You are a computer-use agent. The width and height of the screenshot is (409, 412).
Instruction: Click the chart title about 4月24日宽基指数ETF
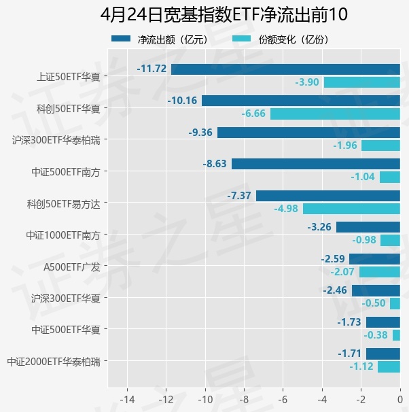(224, 15)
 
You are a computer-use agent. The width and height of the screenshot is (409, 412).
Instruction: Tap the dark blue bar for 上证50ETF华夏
(285, 69)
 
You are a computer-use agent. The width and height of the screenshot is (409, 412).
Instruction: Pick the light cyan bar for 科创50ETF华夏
(335, 114)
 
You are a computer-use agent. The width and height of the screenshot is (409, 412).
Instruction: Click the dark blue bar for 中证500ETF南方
(315, 164)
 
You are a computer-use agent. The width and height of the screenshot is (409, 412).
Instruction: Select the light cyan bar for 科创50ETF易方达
(351, 209)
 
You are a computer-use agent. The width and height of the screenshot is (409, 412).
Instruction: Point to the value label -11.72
(152, 69)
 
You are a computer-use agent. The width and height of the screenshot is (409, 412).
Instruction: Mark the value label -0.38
(376, 335)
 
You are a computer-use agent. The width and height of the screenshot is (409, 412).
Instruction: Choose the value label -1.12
(361, 367)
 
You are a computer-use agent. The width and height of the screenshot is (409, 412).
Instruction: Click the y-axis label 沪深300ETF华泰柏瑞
(56, 140)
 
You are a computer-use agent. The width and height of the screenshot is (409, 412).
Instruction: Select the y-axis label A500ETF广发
(71, 267)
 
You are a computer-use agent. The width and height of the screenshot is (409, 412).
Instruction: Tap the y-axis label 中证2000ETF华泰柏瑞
(53, 361)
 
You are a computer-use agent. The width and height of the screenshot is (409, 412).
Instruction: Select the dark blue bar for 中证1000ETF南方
(368, 227)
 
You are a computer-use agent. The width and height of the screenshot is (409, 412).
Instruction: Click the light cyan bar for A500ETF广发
(379, 272)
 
